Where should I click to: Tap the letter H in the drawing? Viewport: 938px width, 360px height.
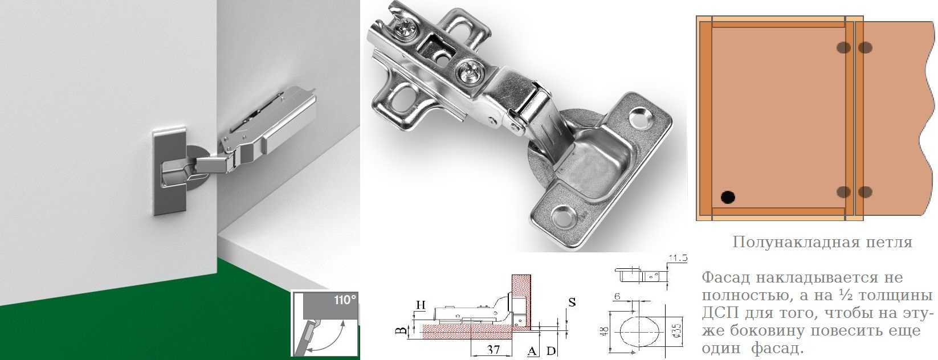tap(421, 305)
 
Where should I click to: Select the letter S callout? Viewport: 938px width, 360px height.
tap(572, 302)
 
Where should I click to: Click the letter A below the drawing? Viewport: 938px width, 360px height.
tap(532, 351)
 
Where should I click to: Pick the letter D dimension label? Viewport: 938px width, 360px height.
tap(551, 351)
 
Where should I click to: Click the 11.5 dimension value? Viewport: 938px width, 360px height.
tap(678, 258)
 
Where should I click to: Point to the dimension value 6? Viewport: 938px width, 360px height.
tap(617, 296)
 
